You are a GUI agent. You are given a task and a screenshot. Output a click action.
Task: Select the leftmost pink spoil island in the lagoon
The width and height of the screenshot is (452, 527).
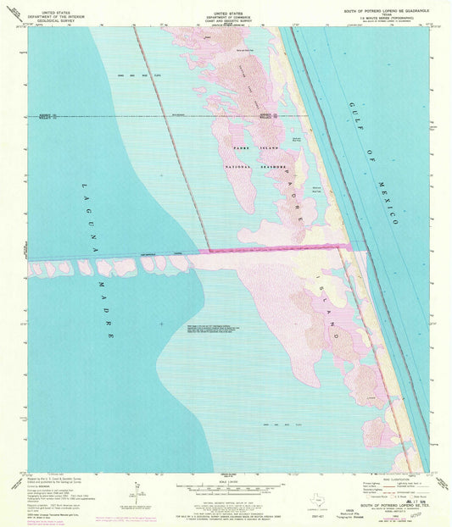point(36,269)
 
